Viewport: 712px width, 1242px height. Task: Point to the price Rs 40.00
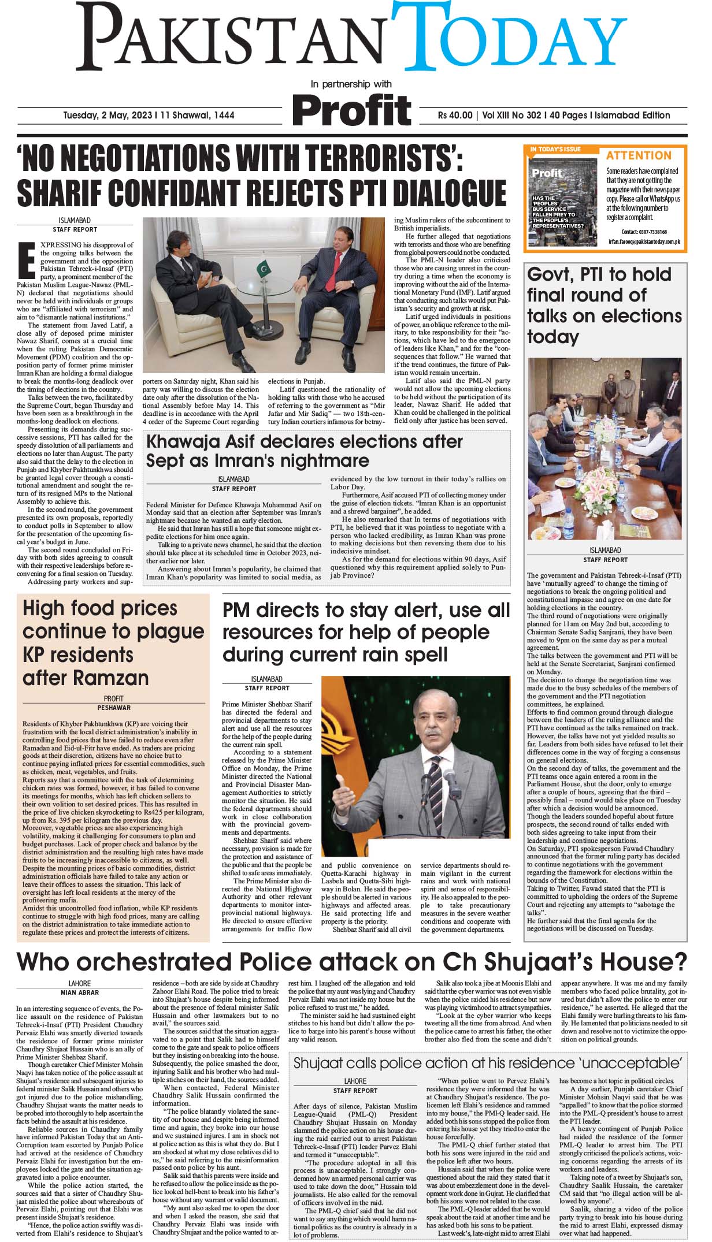click(x=455, y=116)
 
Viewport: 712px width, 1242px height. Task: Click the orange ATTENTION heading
click(x=639, y=155)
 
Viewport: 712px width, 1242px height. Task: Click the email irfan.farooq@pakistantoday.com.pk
click(x=644, y=241)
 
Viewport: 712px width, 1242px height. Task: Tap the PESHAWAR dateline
click(x=114, y=708)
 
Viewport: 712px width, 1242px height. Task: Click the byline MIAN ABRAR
click(x=80, y=992)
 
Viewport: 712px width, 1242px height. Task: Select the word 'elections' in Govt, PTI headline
click(x=641, y=316)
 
